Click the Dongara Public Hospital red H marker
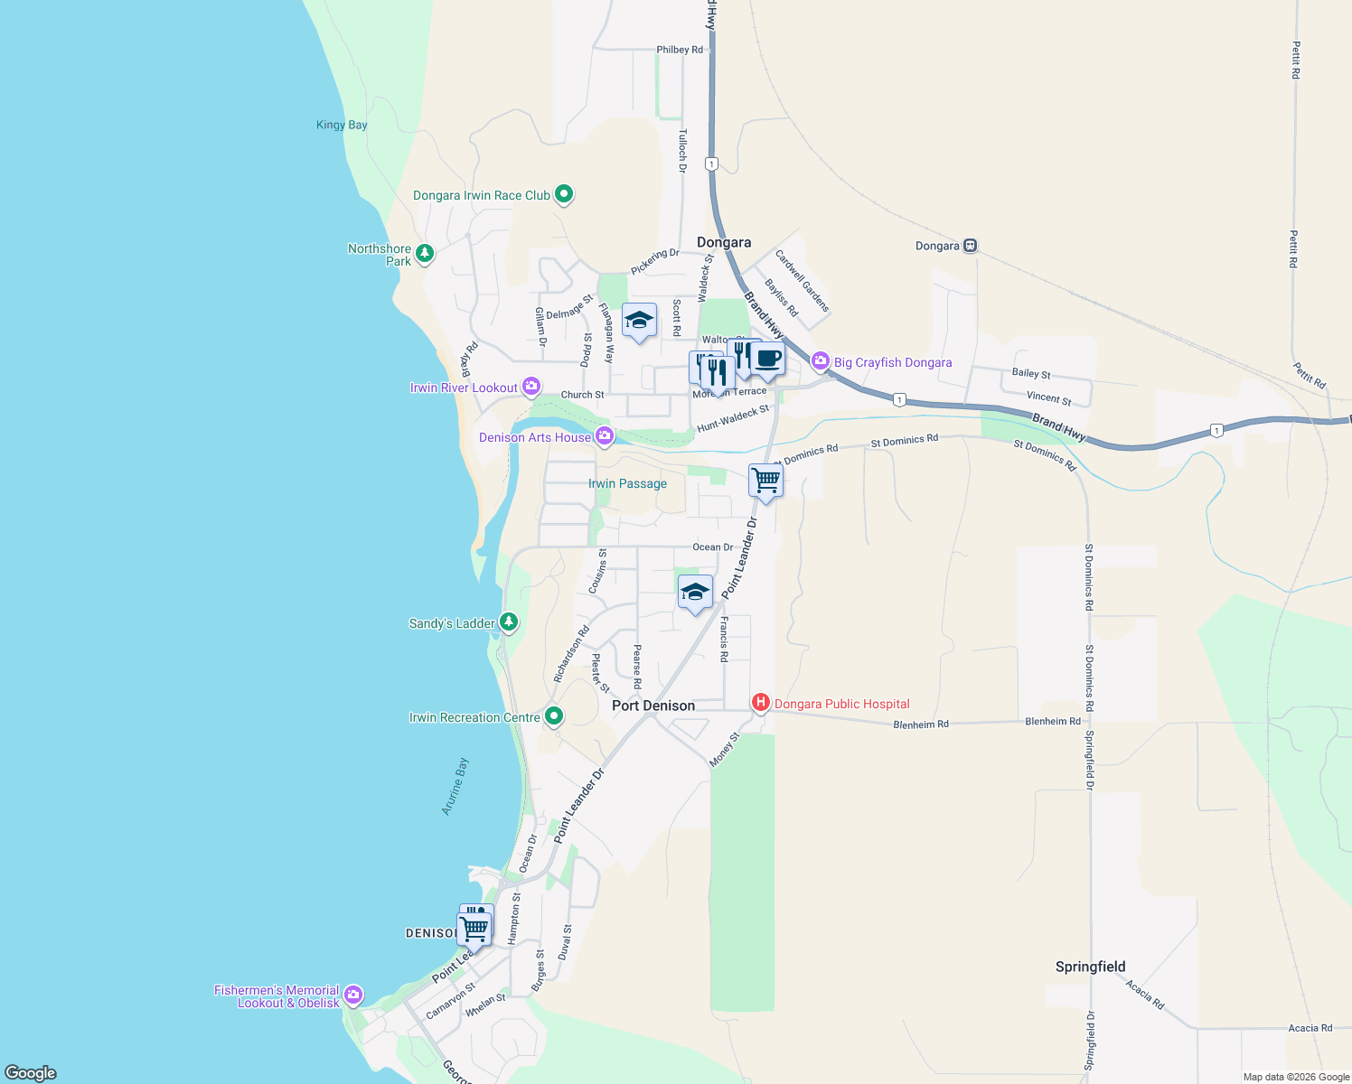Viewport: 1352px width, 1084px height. coord(761,702)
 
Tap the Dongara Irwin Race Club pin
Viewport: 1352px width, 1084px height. coord(564,193)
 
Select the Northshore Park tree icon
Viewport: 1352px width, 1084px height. coord(424,253)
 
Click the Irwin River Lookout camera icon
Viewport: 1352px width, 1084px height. coord(531,387)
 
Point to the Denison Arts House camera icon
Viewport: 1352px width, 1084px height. coord(605,436)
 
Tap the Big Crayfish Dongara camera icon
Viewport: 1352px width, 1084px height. coord(820,361)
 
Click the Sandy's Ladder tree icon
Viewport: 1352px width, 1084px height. coord(509,621)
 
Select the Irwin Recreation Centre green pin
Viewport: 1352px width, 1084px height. coord(554,716)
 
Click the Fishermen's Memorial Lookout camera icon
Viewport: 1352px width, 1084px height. coord(353,995)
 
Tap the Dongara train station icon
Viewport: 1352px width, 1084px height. coord(970,245)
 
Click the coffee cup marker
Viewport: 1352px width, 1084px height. coord(768,359)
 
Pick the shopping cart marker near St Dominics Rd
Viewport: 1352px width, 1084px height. coord(765,480)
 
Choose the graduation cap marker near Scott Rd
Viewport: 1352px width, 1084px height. coord(639,320)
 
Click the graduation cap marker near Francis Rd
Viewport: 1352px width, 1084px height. coord(694,592)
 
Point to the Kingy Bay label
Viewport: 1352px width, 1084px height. coord(342,125)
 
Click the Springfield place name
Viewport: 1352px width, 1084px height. coord(1090,967)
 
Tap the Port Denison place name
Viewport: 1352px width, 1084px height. coord(653,706)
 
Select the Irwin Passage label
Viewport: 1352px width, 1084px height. coord(627,483)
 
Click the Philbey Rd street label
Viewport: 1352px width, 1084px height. coord(680,50)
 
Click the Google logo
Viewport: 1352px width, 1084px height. coord(31,1072)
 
